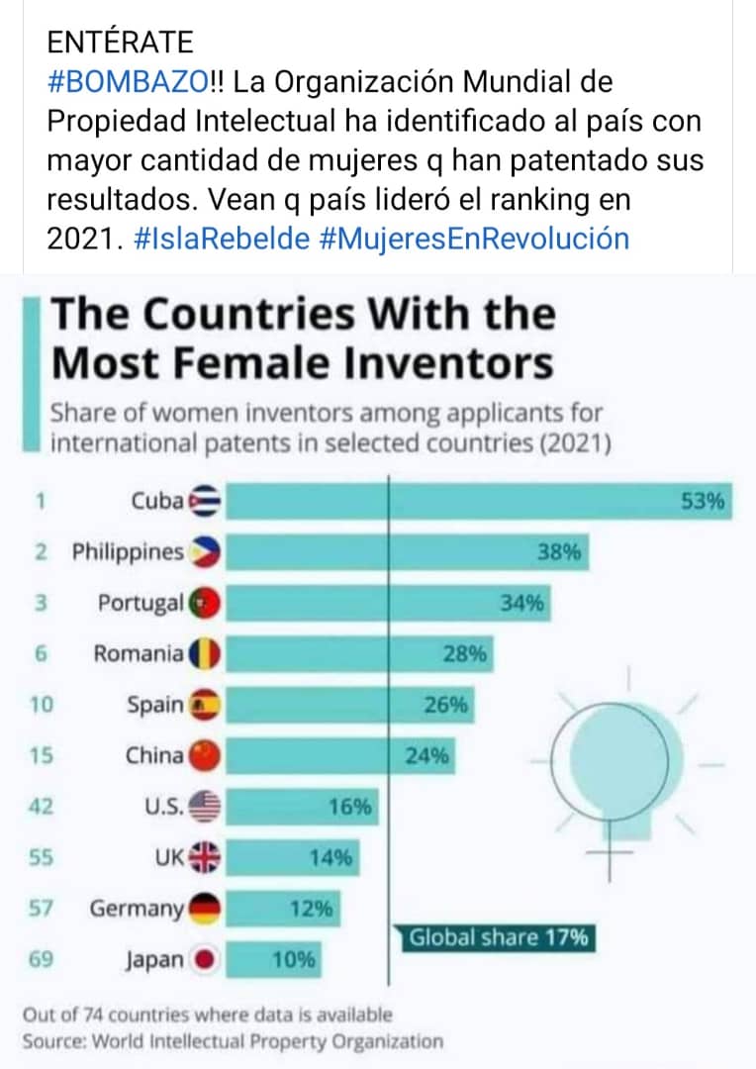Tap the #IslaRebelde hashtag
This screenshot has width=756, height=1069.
[x=221, y=239]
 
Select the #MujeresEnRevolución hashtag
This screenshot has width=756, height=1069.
[x=475, y=239]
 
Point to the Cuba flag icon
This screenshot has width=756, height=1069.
[x=207, y=501]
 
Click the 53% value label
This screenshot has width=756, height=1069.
[x=704, y=502]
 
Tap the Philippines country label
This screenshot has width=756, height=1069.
[x=128, y=552]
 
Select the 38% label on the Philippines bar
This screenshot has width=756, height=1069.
[x=558, y=553]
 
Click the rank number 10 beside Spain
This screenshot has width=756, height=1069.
[x=41, y=705]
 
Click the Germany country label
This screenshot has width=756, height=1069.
[x=137, y=909]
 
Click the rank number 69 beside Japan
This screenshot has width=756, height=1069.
[x=41, y=960]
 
